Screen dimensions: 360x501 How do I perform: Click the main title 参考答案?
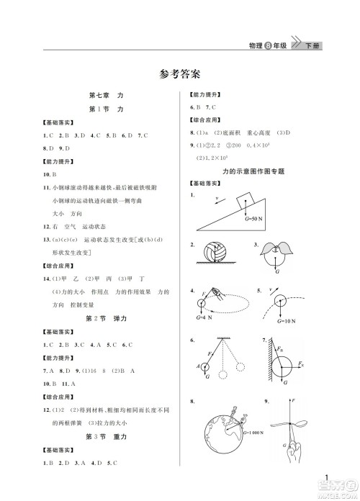pyautogui.click(x=180, y=73)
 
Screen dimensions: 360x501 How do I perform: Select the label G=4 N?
pyautogui.click(x=203, y=317)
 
